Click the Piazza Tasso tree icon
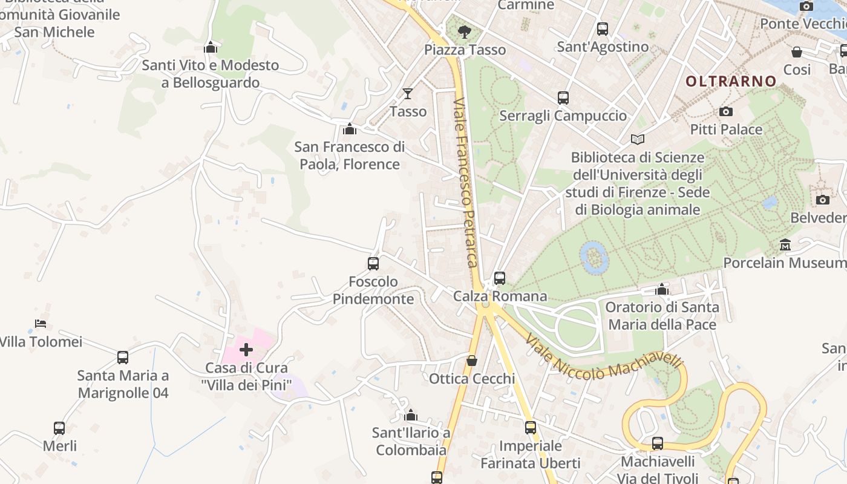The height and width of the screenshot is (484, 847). (x=464, y=31)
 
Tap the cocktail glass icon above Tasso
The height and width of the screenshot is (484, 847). (x=408, y=93)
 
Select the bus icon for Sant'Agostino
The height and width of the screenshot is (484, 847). (x=602, y=28)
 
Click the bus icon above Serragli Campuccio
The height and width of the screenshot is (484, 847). (x=563, y=97)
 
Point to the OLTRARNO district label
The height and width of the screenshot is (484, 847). (x=731, y=81)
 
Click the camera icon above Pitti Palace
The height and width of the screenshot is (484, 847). (x=725, y=111)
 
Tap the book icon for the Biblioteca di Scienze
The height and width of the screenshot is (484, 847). (x=638, y=139)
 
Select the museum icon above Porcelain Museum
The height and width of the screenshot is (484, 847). (x=785, y=244)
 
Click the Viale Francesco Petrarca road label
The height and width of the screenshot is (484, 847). (x=466, y=181)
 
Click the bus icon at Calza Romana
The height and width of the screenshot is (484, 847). (x=500, y=278)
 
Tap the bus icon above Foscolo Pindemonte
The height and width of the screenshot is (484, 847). (x=373, y=263)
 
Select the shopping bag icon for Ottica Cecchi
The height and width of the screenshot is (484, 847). (x=472, y=361)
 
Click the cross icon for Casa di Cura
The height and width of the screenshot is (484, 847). (x=246, y=349)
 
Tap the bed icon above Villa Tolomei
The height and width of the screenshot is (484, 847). (x=41, y=323)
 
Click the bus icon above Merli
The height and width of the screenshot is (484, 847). (x=59, y=428)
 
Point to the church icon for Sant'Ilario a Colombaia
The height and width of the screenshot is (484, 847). (x=411, y=415)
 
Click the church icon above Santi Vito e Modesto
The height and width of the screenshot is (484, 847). (x=211, y=47)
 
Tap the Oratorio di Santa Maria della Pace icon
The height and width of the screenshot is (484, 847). (x=662, y=289)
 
